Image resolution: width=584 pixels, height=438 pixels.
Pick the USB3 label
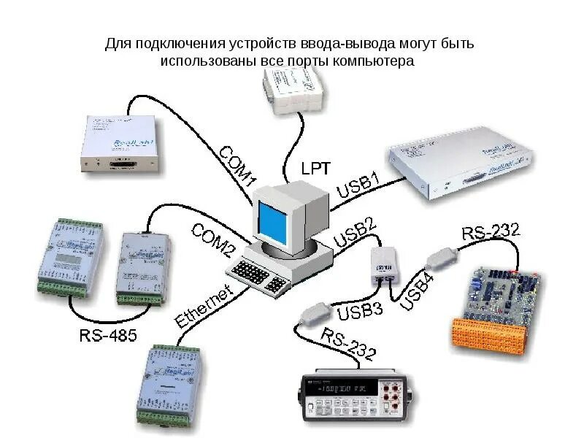click(x=360, y=312)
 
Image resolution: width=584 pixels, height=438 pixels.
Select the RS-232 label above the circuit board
click(x=491, y=233)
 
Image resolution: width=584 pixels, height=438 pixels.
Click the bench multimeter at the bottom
click(x=358, y=399)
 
